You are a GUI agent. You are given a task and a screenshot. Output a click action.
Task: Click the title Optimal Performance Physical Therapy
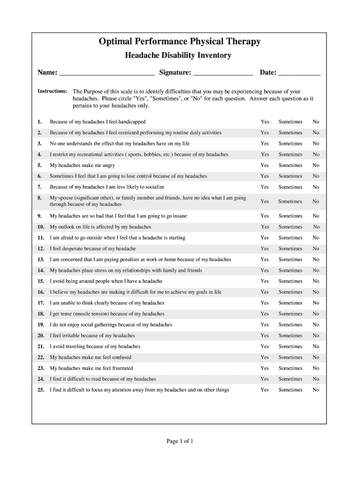180,42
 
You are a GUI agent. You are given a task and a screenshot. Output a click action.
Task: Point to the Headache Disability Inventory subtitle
178,56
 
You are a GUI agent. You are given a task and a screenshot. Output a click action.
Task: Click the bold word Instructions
52,91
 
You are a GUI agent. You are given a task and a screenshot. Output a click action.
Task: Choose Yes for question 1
265,122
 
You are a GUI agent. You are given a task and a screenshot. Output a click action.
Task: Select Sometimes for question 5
290,165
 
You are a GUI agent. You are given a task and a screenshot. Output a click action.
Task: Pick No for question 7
316,187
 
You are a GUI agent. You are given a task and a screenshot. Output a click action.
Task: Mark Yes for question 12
265,248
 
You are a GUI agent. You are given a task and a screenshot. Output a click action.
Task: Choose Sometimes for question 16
290,292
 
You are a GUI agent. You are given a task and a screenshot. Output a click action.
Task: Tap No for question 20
316,335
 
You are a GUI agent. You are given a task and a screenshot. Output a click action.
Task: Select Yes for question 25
265,390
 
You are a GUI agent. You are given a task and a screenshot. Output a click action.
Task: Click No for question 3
316,144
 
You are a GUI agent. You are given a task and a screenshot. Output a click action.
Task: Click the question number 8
40,198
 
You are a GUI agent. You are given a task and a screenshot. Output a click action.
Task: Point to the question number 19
41,325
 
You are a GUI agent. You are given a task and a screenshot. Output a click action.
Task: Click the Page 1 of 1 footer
180,441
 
